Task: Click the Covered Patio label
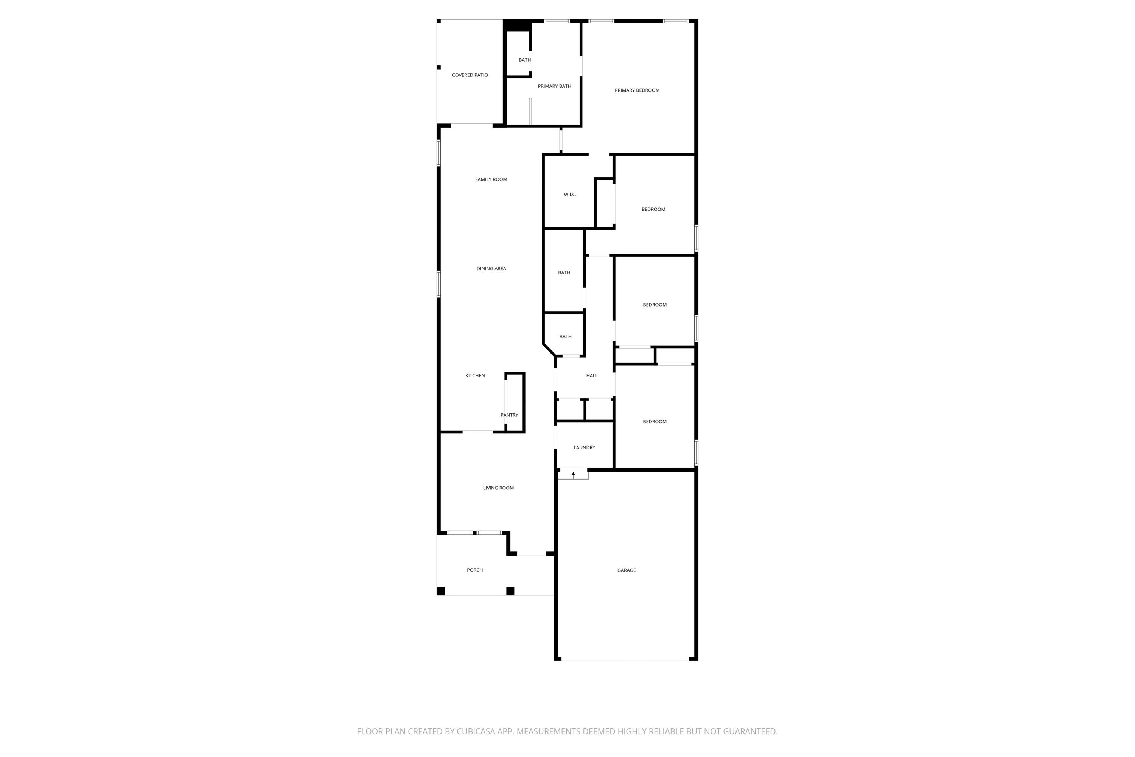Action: pyautogui.click(x=470, y=75)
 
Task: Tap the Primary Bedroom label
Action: pyautogui.click(x=637, y=90)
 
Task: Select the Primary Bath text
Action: pyautogui.click(x=555, y=86)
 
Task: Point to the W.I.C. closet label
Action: pyautogui.click(x=570, y=195)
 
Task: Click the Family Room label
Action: pyautogui.click(x=491, y=179)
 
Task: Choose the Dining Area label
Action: pyautogui.click(x=491, y=269)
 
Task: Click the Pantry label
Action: pyautogui.click(x=509, y=415)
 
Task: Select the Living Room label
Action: pyautogui.click(x=498, y=488)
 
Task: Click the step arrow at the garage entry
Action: pyautogui.click(x=573, y=474)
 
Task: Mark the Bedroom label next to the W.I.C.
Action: pyautogui.click(x=653, y=210)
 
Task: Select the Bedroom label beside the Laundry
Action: pyautogui.click(x=655, y=422)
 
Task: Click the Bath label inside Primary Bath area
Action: pyautogui.click(x=524, y=60)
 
